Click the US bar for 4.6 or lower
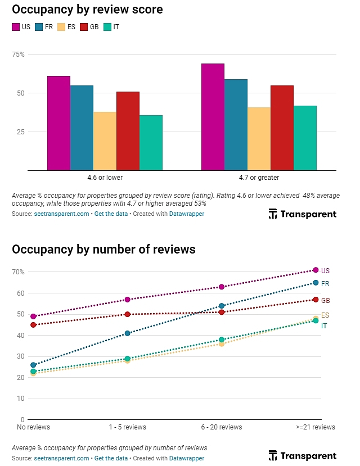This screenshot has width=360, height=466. tap(58, 123)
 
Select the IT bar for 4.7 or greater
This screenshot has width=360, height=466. tap(305, 138)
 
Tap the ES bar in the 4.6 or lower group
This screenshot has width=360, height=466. tap(105, 141)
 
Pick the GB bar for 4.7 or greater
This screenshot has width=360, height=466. tap(282, 128)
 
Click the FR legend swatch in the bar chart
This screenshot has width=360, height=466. tap(39, 27)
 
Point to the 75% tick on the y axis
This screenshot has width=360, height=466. tap(19, 55)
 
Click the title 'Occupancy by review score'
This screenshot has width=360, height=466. tap(87, 10)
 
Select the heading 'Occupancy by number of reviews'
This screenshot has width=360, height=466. tap(103, 249)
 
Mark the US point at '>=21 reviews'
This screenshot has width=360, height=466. tap(316, 270)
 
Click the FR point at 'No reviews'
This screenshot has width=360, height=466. tap(33, 365)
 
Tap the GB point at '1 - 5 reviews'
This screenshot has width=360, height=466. tap(128, 314)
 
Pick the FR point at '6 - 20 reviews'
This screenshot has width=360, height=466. tap(222, 306)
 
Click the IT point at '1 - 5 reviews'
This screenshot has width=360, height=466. tap(128, 358)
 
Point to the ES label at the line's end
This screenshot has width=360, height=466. tap(325, 315)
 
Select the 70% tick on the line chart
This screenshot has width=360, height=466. tap(18, 272)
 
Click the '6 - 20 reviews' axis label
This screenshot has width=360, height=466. tap(222, 427)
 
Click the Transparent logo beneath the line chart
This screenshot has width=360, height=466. tap(302, 455)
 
